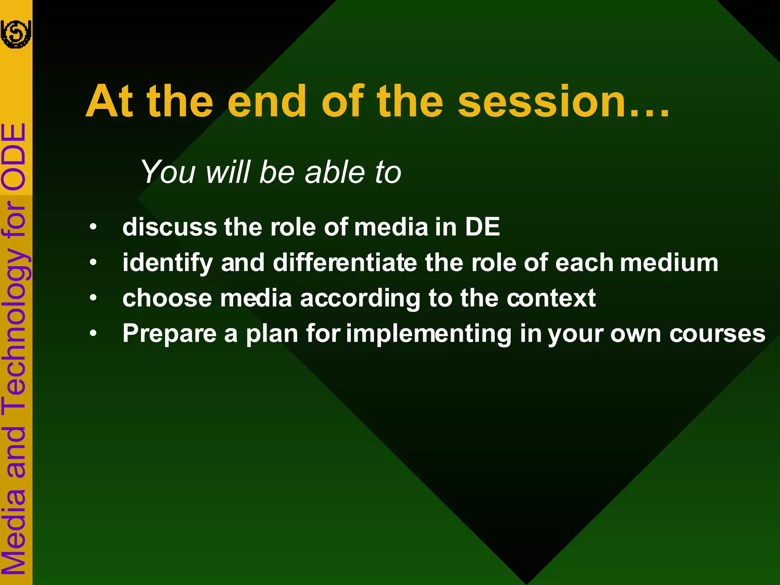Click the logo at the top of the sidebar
click(16, 34)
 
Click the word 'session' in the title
click(541, 102)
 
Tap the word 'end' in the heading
click(267, 102)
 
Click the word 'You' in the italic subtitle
click(168, 172)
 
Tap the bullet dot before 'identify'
click(93, 263)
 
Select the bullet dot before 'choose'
click(93, 298)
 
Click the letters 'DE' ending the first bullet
click(482, 227)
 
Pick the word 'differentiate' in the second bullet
click(345, 263)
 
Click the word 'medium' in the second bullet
click(669, 263)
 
